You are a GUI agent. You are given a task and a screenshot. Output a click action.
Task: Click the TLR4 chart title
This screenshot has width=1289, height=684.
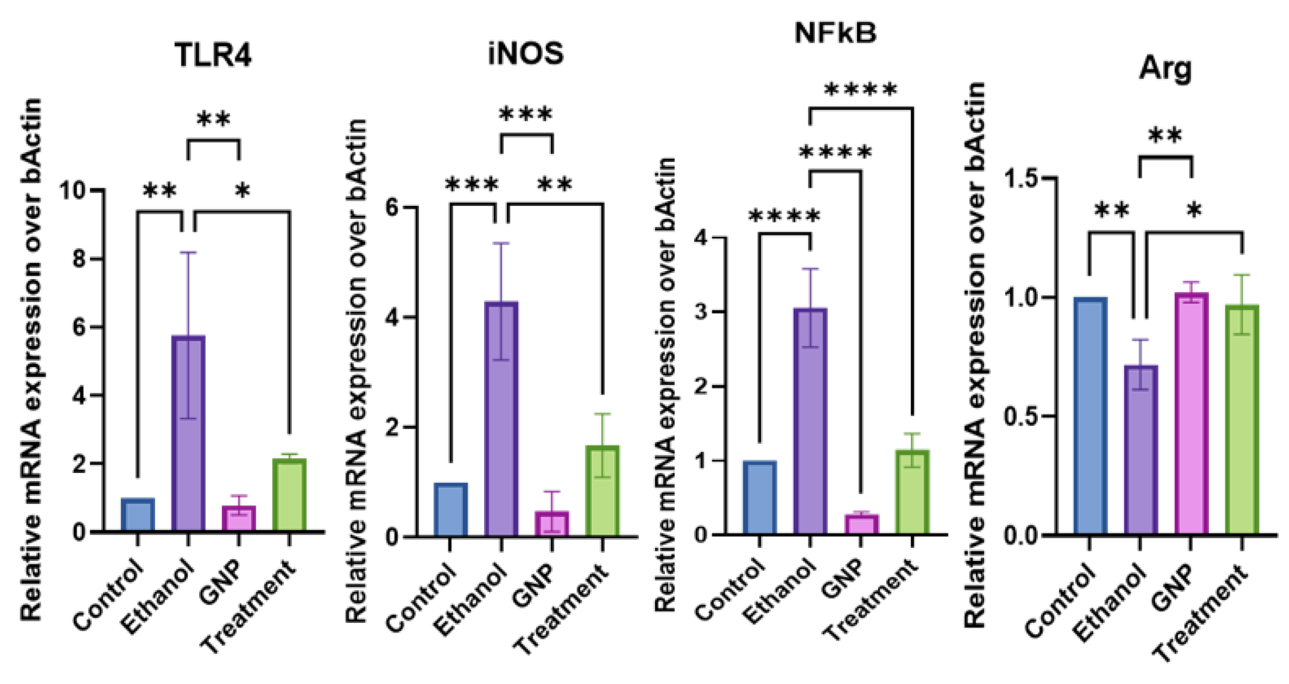pos(213,55)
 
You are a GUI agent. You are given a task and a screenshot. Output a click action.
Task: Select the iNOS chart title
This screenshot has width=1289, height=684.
pos(526,53)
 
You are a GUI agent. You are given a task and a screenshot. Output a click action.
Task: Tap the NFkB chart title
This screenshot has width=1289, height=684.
pos(835,33)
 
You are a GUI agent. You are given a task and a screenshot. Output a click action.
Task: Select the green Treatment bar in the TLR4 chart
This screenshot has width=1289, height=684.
pos(289,495)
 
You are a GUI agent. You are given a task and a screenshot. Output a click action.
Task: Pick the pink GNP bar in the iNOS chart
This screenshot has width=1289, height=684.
pos(552,524)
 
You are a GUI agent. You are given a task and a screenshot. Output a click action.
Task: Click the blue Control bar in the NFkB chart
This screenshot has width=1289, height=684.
pos(759,498)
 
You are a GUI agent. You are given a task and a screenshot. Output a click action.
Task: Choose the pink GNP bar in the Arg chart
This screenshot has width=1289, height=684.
pos(1191,414)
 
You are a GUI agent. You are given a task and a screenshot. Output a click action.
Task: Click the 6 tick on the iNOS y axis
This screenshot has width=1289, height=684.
pos(392,207)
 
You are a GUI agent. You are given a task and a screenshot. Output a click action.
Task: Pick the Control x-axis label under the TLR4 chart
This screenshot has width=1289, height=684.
pos(108,595)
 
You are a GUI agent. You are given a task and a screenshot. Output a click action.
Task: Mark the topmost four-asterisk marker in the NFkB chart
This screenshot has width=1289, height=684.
pos(860,90)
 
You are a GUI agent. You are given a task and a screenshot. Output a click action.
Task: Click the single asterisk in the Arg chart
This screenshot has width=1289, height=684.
pos(1194,212)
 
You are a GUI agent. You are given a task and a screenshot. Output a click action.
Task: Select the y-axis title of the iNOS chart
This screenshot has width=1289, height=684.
pos(356,372)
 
